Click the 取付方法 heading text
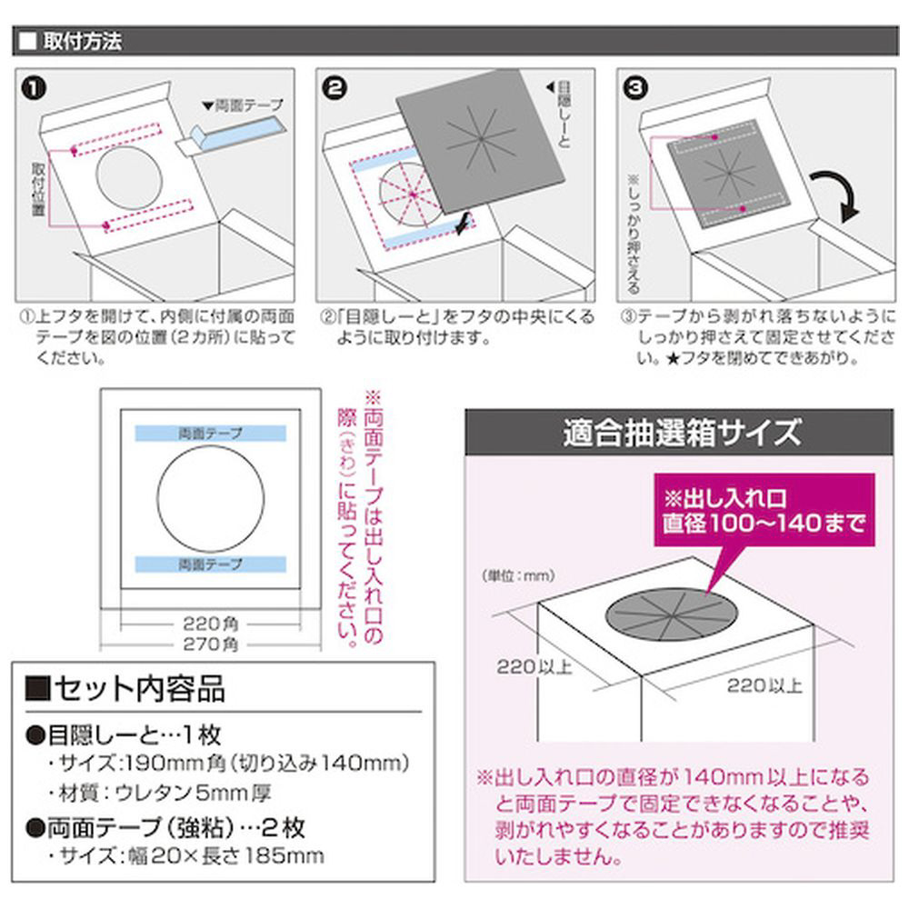pos(83,41)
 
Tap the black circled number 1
pos(34,89)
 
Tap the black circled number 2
pos(335,89)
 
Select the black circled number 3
pos(635,88)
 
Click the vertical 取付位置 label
pos(38,189)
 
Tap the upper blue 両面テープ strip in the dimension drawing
pos(211,433)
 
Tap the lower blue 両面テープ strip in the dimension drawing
pos(211,564)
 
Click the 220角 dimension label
pos(211,624)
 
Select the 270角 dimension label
pos(211,644)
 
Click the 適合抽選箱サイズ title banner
pos(679,433)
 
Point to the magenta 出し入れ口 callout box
pos(764,510)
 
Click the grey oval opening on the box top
pos(672,614)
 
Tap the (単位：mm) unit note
pos(518,575)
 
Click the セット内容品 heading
pos(125,689)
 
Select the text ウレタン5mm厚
pos(193,793)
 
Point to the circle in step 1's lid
pos(96,177)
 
